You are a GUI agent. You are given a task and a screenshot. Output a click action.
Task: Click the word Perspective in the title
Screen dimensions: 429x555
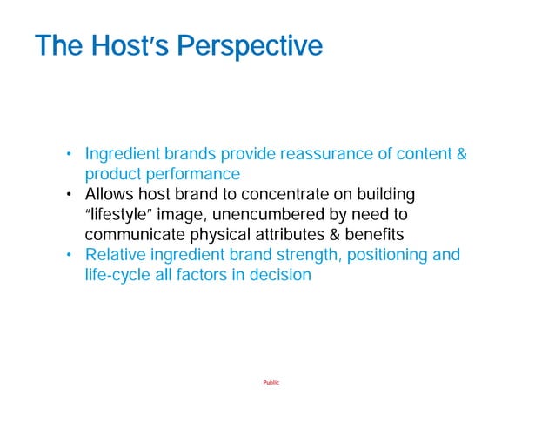pos(250,46)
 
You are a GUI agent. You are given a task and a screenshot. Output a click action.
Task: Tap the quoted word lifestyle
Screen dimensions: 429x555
pos(119,214)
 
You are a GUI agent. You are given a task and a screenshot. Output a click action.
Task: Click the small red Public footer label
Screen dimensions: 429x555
pos(271,383)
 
